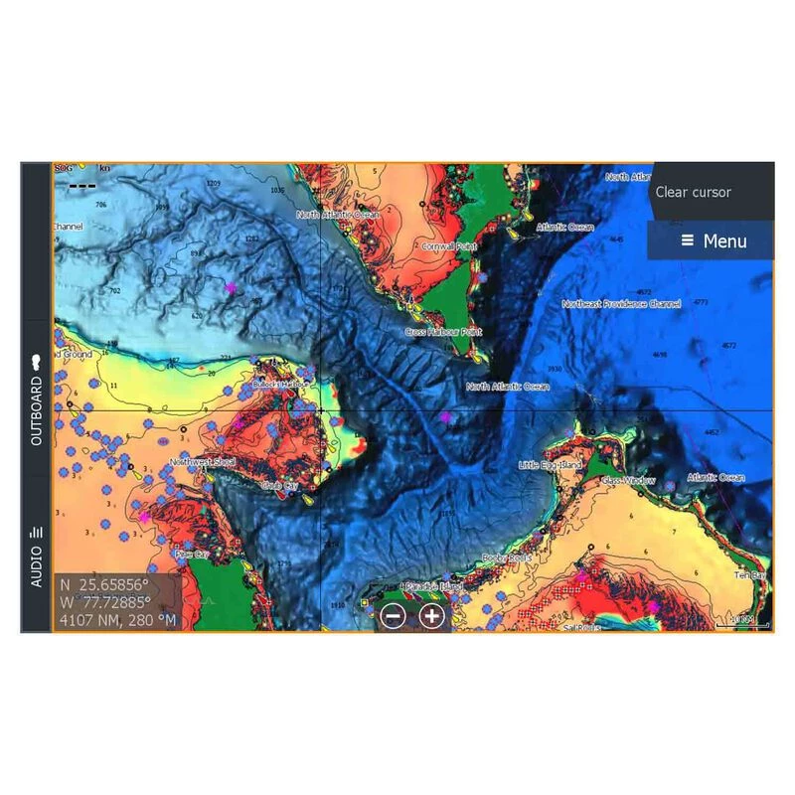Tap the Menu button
[x=712, y=241]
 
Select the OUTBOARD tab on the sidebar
[x=36, y=398]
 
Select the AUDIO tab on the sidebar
[x=36, y=556]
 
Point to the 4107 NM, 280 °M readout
[x=117, y=620]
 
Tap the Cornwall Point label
[x=449, y=245]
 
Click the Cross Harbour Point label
[x=443, y=331]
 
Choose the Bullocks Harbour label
[x=275, y=383]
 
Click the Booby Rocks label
[x=506, y=558]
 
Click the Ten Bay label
[x=750, y=575]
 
